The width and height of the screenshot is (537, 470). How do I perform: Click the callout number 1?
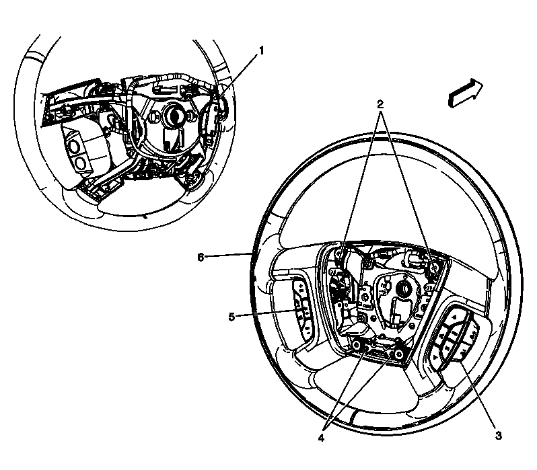pyautogui.click(x=262, y=50)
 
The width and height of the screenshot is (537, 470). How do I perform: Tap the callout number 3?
pyautogui.click(x=497, y=436)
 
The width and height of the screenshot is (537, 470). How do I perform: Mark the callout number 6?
pyautogui.click(x=200, y=256)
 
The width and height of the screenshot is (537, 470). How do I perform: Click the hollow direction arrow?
pyautogui.click(x=465, y=91)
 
